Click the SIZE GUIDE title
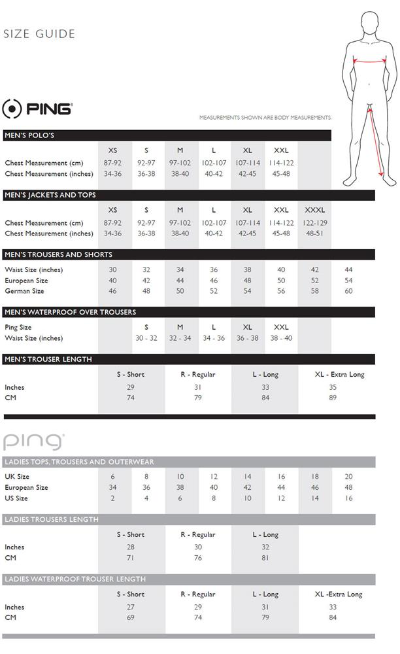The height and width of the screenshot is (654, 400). (39, 34)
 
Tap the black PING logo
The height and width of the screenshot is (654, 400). (37, 109)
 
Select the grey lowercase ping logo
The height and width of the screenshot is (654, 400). (34, 441)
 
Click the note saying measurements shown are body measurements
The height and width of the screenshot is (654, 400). (265, 118)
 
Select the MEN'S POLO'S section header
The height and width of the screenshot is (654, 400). (29, 135)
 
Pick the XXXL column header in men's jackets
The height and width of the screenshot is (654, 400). (314, 210)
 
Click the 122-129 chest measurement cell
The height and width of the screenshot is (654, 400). (314, 222)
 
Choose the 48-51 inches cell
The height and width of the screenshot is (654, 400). (314, 233)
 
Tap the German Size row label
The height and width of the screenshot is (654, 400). (24, 292)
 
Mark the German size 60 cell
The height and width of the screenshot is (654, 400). (348, 292)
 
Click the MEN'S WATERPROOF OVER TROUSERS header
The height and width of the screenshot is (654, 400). (70, 312)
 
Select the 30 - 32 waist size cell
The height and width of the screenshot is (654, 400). (146, 338)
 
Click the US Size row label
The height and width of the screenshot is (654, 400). (16, 498)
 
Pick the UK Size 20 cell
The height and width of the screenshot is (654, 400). (348, 477)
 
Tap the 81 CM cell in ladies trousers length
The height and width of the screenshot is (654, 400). (265, 558)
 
